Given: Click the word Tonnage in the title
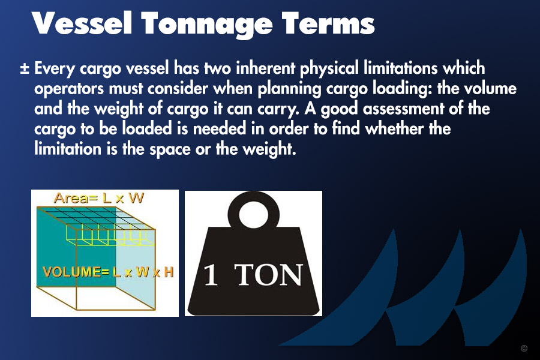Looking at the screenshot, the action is (206, 25).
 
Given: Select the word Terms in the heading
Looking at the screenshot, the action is (328, 23).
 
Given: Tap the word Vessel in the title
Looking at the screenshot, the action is (82, 23).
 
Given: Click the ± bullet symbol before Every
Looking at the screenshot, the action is (25, 68).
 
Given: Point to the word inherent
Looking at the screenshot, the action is (266, 68).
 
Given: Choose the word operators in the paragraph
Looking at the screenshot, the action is (69, 89).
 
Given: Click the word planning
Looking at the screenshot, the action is (289, 89).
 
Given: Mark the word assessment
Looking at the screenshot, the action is (403, 109).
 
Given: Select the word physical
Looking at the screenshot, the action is (329, 68).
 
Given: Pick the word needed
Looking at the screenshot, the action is (220, 129).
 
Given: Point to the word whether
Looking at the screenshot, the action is (394, 129).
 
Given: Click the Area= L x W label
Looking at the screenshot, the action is (99, 198).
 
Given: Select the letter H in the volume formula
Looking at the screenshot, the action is (169, 272).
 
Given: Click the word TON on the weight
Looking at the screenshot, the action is (269, 275).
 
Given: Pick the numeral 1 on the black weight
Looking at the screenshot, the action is (211, 275).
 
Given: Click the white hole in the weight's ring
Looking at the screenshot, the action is (253, 214).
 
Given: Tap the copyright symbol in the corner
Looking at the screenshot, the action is (524, 348).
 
